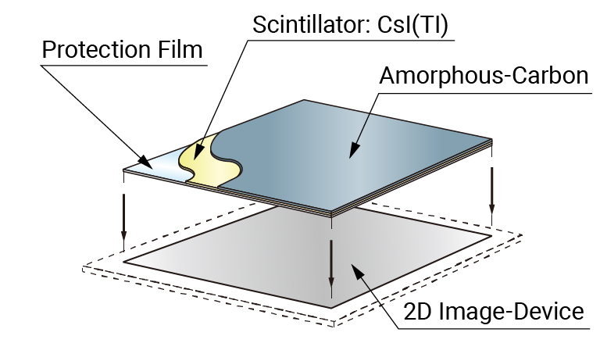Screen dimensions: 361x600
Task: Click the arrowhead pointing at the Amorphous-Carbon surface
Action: (352, 149)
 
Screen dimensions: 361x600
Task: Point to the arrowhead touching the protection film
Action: (148, 163)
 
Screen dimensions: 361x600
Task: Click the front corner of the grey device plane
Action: (334, 307)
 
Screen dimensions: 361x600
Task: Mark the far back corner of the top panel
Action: (304, 100)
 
